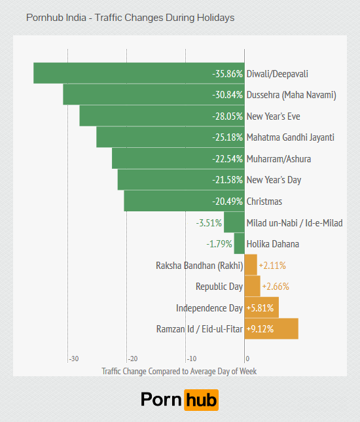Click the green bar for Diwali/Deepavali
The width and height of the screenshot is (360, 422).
click(124, 73)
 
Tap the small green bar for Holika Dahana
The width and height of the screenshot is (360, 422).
click(240, 244)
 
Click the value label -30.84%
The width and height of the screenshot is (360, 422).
click(227, 95)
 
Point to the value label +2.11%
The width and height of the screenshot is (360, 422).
click(272, 266)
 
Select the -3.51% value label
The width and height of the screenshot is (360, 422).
click(209, 222)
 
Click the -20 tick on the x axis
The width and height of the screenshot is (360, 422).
click(133, 359)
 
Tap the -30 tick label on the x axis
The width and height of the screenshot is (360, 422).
click(74, 359)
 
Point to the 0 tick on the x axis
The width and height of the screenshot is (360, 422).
click(247, 359)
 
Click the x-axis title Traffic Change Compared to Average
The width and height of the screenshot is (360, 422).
click(179, 371)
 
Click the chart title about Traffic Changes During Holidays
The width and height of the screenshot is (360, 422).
click(130, 18)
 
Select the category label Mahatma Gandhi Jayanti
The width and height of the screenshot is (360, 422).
click(290, 137)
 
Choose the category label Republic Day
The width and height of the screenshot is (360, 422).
click(219, 287)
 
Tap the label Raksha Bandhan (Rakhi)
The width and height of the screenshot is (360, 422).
click(199, 266)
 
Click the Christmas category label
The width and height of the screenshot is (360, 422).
click(264, 201)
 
